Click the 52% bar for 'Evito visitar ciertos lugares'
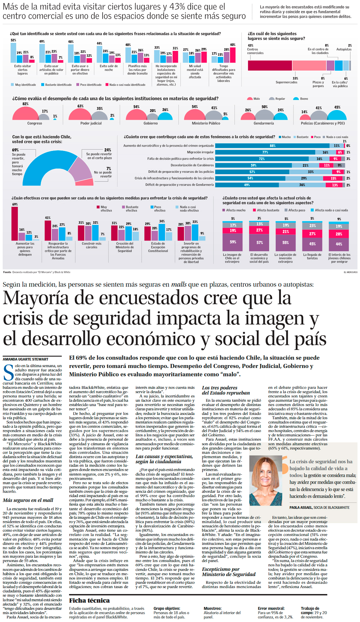pos(13,52)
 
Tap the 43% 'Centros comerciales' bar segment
pos(270,65)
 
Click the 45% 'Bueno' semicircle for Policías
pos(337,116)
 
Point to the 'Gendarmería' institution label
pos(263,123)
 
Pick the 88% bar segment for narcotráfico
pos(272,146)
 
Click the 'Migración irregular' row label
pos(200,152)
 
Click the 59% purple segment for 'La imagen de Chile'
pos(233,242)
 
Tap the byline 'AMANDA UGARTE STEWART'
pos(26,359)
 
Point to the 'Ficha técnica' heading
pos(89,600)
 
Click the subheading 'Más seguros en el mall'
pos(28,500)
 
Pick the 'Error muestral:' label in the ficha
pos(271,608)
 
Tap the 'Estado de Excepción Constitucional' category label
pos(158,247)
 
